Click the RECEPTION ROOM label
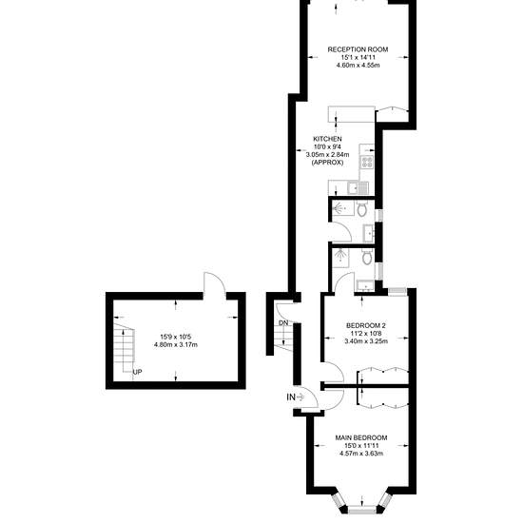(358, 49)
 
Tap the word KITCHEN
(327, 139)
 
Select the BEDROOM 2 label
(366, 325)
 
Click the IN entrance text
(291, 397)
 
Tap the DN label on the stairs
(283, 323)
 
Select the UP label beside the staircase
(138, 372)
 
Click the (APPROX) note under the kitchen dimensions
(327, 163)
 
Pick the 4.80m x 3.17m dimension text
(176, 345)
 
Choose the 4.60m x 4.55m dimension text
(358, 66)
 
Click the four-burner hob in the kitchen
(367, 162)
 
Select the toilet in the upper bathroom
(361, 208)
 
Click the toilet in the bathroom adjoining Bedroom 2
(367, 257)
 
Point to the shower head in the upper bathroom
(339, 208)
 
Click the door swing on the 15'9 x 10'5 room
(214, 282)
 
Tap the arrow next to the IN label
(300, 397)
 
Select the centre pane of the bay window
(362, 510)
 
